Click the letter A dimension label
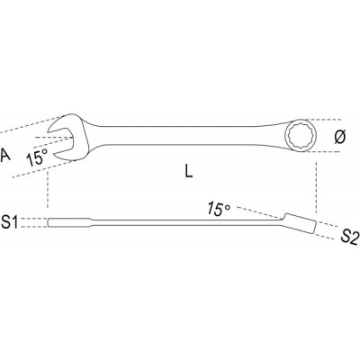pyautogui.click(x=4, y=156)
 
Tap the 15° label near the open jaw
pyautogui.click(x=37, y=157)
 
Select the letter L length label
pyautogui.click(x=189, y=171)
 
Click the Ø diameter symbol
pyautogui.click(x=340, y=137)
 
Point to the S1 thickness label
pyautogui.click(x=11, y=222)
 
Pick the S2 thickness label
pyautogui.click(x=349, y=238)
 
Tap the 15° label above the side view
pyautogui.click(x=219, y=209)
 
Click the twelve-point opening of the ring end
pyautogui.click(x=299, y=136)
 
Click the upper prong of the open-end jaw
pyautogui.click(x=64, y=121)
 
